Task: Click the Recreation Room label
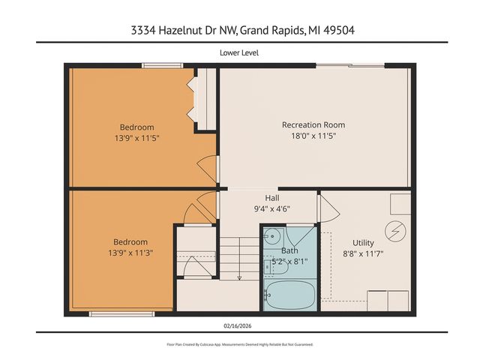(x=313, y=124)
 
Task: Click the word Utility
(x=363, y=242)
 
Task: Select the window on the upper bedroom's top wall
(x=163, y=65)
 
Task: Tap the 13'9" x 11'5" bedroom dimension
(x=136, y=139)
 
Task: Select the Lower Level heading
(x=239, y=52)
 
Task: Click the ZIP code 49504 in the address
(x=361, y=31)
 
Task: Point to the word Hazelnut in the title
(x=184, y=31)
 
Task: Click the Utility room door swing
(x=327, y=208)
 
